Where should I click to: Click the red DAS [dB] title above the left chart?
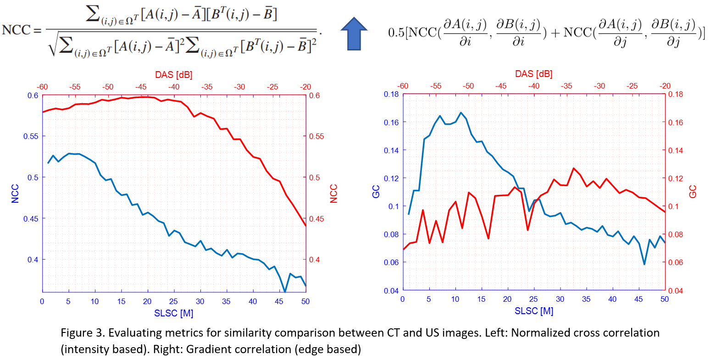pyautogui.click(x=173, y=75)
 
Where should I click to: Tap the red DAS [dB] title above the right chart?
pyautogui.click(x=533, y=74)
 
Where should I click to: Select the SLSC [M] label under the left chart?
pyautogui.click(x=173, y=313)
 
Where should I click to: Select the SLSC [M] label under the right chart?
pyautogui.click(x=534, y=311)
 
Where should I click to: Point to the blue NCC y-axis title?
pyautogui.click(x=15, y=194)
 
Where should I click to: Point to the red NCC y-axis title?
pyautogui.click(x=333, y=194)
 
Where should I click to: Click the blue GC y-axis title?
pyautogui.click(x=376, y=192)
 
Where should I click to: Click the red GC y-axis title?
pyautogui.click(x=693, y=192)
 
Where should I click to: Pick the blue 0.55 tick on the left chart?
pyautogui.click(x=31, y=136)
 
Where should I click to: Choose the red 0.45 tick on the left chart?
pyautogui.click(x=316, y=219)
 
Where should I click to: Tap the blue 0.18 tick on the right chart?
pyautogui.click(x=391, y=94)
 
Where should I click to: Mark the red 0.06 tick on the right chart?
pyautogui.click(x=677, y=262)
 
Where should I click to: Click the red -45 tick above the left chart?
pyautogui.click(x=141, y=87)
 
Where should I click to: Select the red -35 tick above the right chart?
pyautogui.click(x=566, y=86)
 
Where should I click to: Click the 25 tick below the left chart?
pyautogui.click(x=173, y=301)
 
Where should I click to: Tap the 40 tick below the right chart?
pyautogui.click(x=612, y=299)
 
